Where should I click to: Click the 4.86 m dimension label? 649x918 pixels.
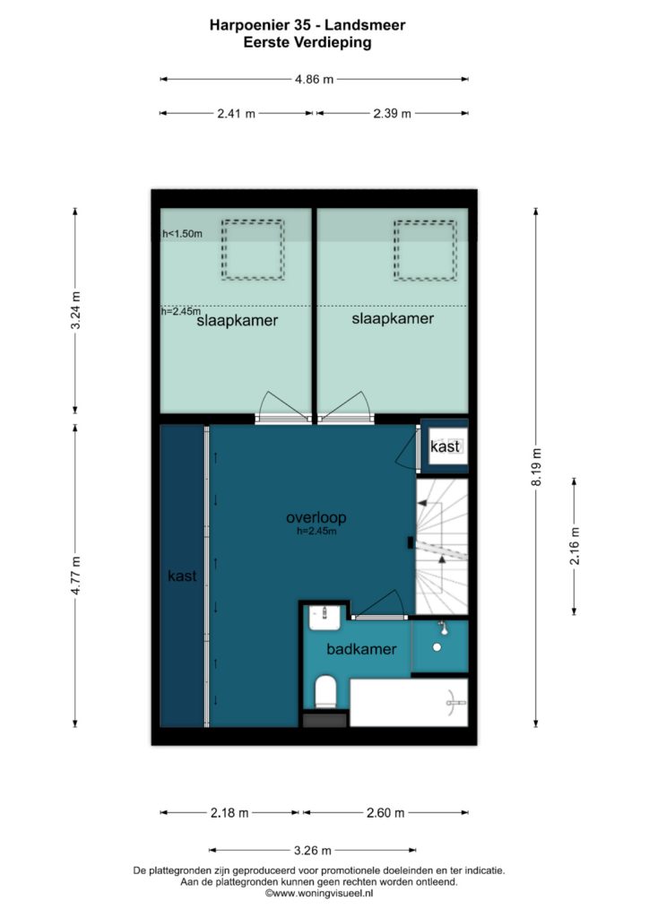[x=315, y=79]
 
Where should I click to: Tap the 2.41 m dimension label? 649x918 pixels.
[x=237, y=114]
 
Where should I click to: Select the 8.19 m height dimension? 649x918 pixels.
[x=537, y=466]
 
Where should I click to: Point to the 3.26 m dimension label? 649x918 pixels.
[x=313, y=850]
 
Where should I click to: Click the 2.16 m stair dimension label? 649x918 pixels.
[x=575, y=546]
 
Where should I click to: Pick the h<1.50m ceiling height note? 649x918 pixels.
[x=183, y=234]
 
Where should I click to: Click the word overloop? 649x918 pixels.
[x=316, y=517]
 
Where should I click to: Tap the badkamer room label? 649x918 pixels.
[x=361, y=649]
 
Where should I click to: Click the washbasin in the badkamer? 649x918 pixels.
[x=324, y=617]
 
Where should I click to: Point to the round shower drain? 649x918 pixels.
[x=437, y=647]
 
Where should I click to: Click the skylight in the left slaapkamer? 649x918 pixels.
[x=253, y=249]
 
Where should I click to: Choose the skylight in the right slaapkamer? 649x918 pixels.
[x=425, y=250]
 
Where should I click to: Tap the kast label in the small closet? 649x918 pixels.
[x=445, y=446]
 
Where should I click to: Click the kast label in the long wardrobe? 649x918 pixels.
[x=182, y=576]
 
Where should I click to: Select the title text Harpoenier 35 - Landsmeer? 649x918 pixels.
[x=307, y=25]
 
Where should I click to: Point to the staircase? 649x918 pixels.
[x=442, y=546]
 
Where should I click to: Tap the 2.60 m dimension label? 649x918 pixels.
[x=385, y=812]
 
